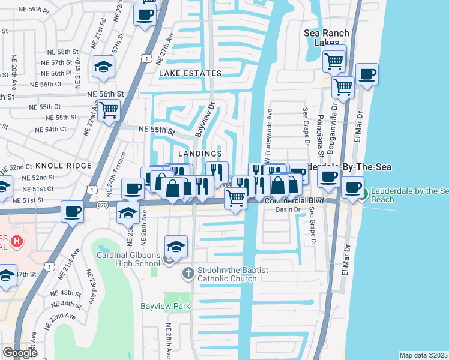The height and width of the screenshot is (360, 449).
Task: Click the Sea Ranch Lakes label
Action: tap(325, 38)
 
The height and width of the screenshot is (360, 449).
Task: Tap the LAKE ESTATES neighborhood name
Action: tap(190, 73)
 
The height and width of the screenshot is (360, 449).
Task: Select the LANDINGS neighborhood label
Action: tap(200, 154)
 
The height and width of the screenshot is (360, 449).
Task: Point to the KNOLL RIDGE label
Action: tap(63, 165)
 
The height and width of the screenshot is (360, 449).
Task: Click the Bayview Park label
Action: tap(165, 306)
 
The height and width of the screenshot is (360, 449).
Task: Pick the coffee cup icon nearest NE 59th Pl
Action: tap(145, 14)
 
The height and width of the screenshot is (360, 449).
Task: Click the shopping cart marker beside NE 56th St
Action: tap(109, 110)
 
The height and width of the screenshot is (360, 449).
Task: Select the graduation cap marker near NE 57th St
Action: tap(103, 67)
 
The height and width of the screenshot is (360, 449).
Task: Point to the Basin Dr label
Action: tap(288, 209)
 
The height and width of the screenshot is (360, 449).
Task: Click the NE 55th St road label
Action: tap(156, 130)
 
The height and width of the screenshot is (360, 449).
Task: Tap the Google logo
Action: tap(20, 352)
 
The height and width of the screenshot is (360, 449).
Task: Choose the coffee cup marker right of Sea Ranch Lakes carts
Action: tap(366, 74)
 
